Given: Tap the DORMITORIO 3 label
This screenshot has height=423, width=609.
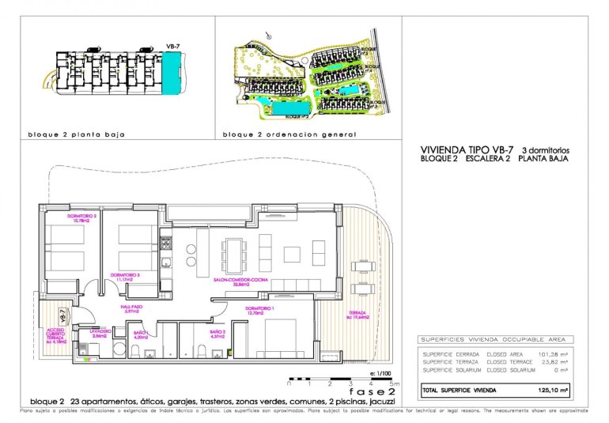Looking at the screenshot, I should (x=124, y=277).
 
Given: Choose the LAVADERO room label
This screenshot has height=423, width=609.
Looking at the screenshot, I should (x=100, y=333).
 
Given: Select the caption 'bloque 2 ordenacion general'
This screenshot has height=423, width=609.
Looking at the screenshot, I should (x=289, y=134).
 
